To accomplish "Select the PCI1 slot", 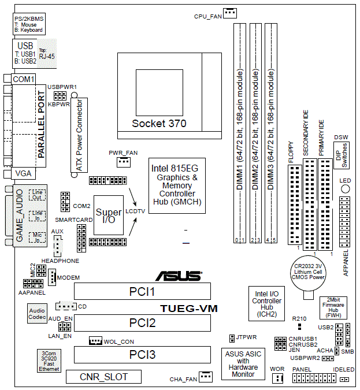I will point(142,291).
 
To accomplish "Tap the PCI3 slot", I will point(142,354).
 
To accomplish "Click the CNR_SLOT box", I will point(103,377).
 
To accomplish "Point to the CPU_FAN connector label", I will point(207,17).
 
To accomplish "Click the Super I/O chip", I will point(109,217).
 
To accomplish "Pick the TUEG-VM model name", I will point(189,309).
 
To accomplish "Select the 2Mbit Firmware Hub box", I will point(333,308).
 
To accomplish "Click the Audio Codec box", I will point(37,314).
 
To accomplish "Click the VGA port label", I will point(23,173).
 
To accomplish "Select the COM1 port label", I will point(24,79).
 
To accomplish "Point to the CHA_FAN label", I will point(183,380).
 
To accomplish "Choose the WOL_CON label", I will point(119,342).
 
